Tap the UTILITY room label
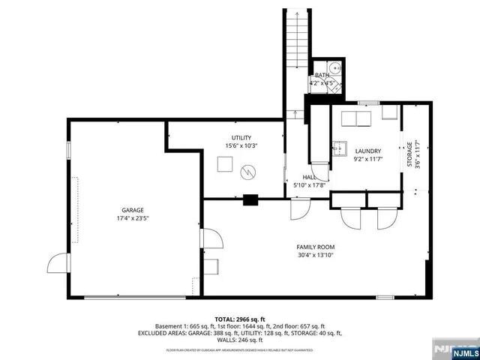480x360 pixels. tap(241, 137)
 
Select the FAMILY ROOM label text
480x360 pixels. tap(315, 247)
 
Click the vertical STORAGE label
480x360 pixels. tap(409, 145)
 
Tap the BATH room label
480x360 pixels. tap(322, 75)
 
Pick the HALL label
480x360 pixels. tap(298, 177)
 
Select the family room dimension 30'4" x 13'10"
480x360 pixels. tap(315, 255)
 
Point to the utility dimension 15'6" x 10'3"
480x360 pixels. tap(241, 145)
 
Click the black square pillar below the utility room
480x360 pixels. tap(250, 199)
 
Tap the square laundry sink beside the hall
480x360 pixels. tap(340, 147)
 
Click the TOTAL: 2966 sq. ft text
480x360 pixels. tap(240, 319)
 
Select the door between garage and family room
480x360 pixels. tap(211, 240)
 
